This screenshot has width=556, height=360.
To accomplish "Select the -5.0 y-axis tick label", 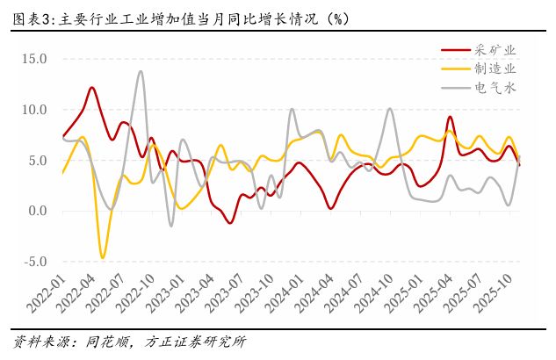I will tap(34, 262).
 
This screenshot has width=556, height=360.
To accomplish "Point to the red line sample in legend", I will tap(452, 50).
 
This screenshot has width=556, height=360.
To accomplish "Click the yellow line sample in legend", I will tap(452, 68).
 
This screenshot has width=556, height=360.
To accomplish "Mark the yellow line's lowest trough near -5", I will tap(103, 258).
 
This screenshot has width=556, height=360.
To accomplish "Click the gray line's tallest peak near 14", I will tap(141, 71).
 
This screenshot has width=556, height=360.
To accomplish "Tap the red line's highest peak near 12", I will tap(91, 87).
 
